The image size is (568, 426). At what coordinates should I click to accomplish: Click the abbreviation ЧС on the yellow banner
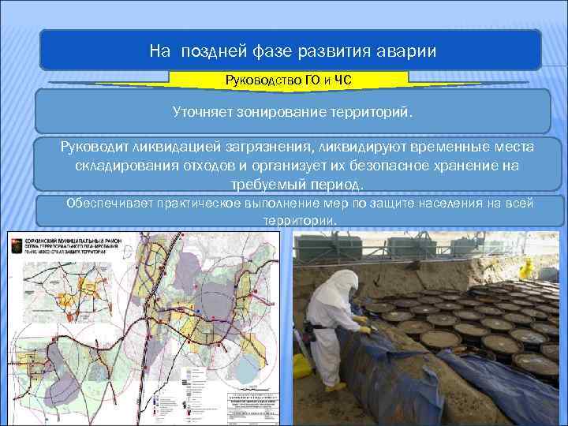(x=342, y=80)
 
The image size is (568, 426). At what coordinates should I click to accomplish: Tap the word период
(x=335, y=185)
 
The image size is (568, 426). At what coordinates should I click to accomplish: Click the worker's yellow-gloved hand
(x=362, y=321)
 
